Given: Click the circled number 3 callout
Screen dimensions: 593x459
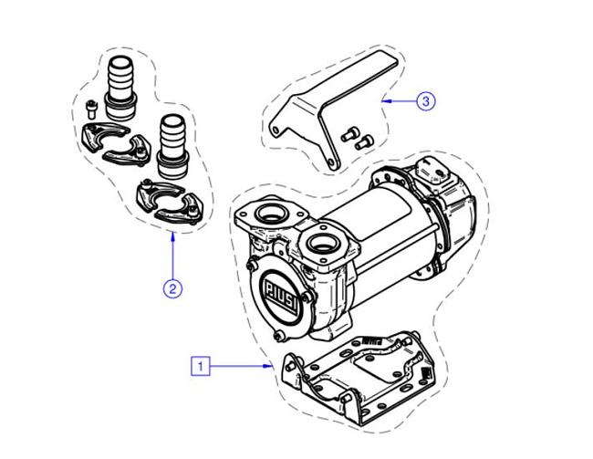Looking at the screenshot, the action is pyautogui.click(x=426, y=101).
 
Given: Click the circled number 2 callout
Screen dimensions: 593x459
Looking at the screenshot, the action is pyautogui.click(x=172, y=289).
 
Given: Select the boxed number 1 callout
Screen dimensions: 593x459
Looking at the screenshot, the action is pyautogui.click(x=200, y=366).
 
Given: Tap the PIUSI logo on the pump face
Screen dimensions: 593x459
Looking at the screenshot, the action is pyautogui.click(x=281, y=295).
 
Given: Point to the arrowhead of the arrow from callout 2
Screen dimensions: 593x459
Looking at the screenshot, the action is pyautogui.click(x=172, y=236).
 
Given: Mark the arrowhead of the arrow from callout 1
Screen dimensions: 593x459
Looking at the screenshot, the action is pyautogui.click(x=267, y=366).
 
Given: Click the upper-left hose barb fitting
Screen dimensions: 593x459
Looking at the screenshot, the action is pyautogui.click(x=121, y=89).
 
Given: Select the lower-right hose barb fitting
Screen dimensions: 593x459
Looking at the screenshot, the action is pyautogui.click(x=173, y=146).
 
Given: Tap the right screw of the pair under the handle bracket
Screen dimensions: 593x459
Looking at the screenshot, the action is pyautogui.click(x=364, y=142).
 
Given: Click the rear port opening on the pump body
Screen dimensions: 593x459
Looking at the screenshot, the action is pyautogui.click(x=270, y=214).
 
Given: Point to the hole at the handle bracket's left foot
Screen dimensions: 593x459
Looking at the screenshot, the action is pyautogui.click(x=276, y=130).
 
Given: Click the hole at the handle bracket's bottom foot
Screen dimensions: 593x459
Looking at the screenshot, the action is pyautogui.click(x=331, y=162).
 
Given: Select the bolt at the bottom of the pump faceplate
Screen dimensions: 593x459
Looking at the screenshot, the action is pyautogui.click(x=279, y=335).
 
